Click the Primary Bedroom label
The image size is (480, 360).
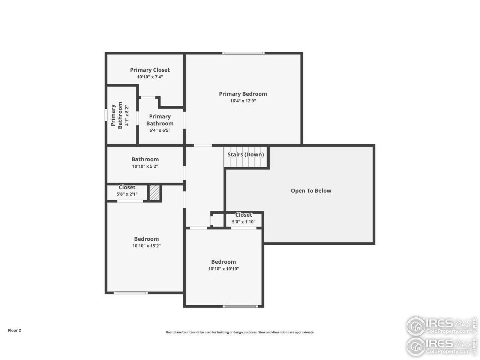click(243, 94)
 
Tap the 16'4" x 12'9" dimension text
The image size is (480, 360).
click(243, 101)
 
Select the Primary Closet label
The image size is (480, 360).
click(150, 70)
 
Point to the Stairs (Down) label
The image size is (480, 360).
click(246, 154)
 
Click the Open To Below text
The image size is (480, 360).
click(311, 190)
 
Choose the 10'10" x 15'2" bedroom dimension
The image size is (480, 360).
click(146, 246)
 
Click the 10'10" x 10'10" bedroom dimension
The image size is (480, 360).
click(223, 269)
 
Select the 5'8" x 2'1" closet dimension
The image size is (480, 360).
click(127, 194)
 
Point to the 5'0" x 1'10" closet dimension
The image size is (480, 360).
click(244, 222)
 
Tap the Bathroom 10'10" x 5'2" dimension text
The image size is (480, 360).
click(145, 166)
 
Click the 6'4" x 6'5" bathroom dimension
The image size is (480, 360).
click(160, 130)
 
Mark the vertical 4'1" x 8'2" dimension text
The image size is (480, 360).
click(127, 115)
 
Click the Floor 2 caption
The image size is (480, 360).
click(15, 330)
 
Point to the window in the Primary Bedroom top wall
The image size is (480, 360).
click(243, 53)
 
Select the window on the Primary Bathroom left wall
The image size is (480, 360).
click(106, 114)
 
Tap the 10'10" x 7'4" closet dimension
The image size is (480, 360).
click(150, 77)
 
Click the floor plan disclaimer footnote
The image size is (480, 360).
click(240, 332)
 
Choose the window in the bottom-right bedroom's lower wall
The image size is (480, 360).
click(240, 306)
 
